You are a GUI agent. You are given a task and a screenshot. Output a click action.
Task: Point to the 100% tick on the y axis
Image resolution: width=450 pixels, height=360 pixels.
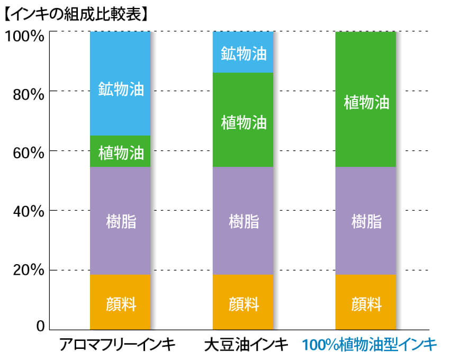pyautogui.click(x=23, y=37)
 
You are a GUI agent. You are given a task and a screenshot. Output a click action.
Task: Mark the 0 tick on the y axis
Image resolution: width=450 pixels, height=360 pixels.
pyautogui.click(x=39, y=327)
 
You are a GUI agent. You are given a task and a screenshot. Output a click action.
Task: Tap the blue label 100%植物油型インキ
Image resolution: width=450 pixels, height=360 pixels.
pyautogui.click(x=369, y=345)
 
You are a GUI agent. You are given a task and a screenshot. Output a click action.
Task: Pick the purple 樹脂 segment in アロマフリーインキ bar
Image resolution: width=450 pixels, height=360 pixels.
pyautogui.click(x=120, y=221)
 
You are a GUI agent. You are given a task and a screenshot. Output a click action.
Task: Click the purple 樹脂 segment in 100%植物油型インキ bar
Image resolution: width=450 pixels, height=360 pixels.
pyautogui.click(x=366, y=221)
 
